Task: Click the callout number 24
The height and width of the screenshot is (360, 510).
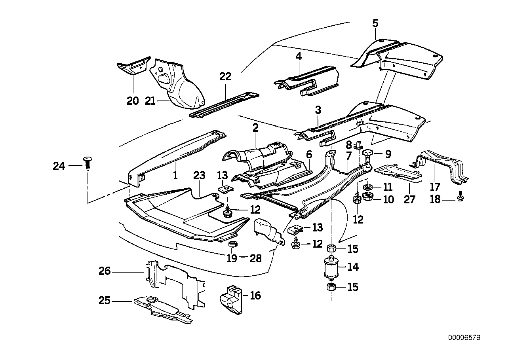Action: click(59, 167)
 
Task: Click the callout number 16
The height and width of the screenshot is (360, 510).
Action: click(255, 295)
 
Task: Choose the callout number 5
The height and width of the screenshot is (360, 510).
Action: click(375, 23)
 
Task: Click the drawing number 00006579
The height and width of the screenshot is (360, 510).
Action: click(464, 338)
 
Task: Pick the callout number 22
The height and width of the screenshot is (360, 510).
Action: click(225, 77)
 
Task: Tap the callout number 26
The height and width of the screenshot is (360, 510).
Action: click(105, 272)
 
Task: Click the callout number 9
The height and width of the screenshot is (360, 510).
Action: click(387, 153)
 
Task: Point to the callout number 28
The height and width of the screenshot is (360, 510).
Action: click(256, 258)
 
